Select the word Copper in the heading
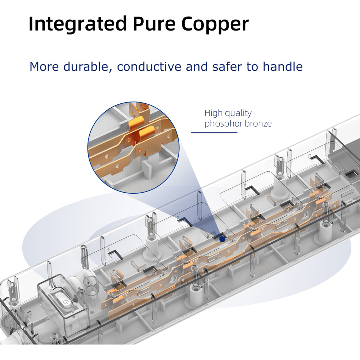215,24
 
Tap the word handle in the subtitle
283,67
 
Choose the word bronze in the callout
258,124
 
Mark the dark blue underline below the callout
214,132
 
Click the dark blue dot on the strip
222,238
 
